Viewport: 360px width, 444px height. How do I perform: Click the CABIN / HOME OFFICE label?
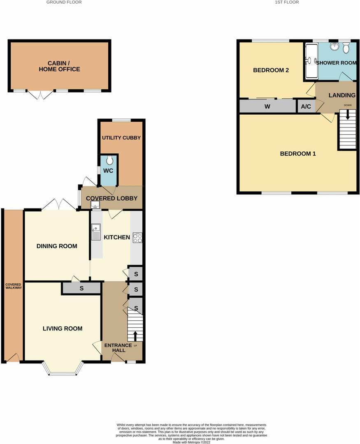pyautogui.click(x=59, y=66)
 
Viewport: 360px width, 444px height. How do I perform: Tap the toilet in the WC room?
pyautogui.click(x=109, y=160)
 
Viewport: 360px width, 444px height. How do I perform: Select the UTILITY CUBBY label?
pyautogui.click(x=121, y=138)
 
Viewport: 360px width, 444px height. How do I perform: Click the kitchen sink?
pyautogui.click(x=96, y=232)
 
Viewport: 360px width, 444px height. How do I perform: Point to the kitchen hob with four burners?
pyautogui.click(x=137, y=238)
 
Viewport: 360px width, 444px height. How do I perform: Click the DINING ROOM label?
pyautogui.click(x=57, y=246)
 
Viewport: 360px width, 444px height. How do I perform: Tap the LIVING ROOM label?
pyautogui.click(x=63, y=328)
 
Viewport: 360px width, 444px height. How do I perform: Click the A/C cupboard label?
pyautogui.click(x=306, y=107)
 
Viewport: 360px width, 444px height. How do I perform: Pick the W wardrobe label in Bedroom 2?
pyautogui.click(x=267, y=107)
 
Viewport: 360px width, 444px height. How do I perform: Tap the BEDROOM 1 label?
pyautogui.click(x=298, y=154)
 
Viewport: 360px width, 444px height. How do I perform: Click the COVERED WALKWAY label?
pyautogui.click(x=14, y=286)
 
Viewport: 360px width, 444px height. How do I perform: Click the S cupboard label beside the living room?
pyautogui.click(x=81, y=289)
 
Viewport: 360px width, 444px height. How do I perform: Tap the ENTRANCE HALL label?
pyautogui.click(x=118, y=348)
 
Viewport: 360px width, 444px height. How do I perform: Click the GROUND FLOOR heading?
pyautogui.click(x=64, y=2)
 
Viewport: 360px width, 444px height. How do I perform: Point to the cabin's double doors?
pyautogui.click(x=40, y=95)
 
